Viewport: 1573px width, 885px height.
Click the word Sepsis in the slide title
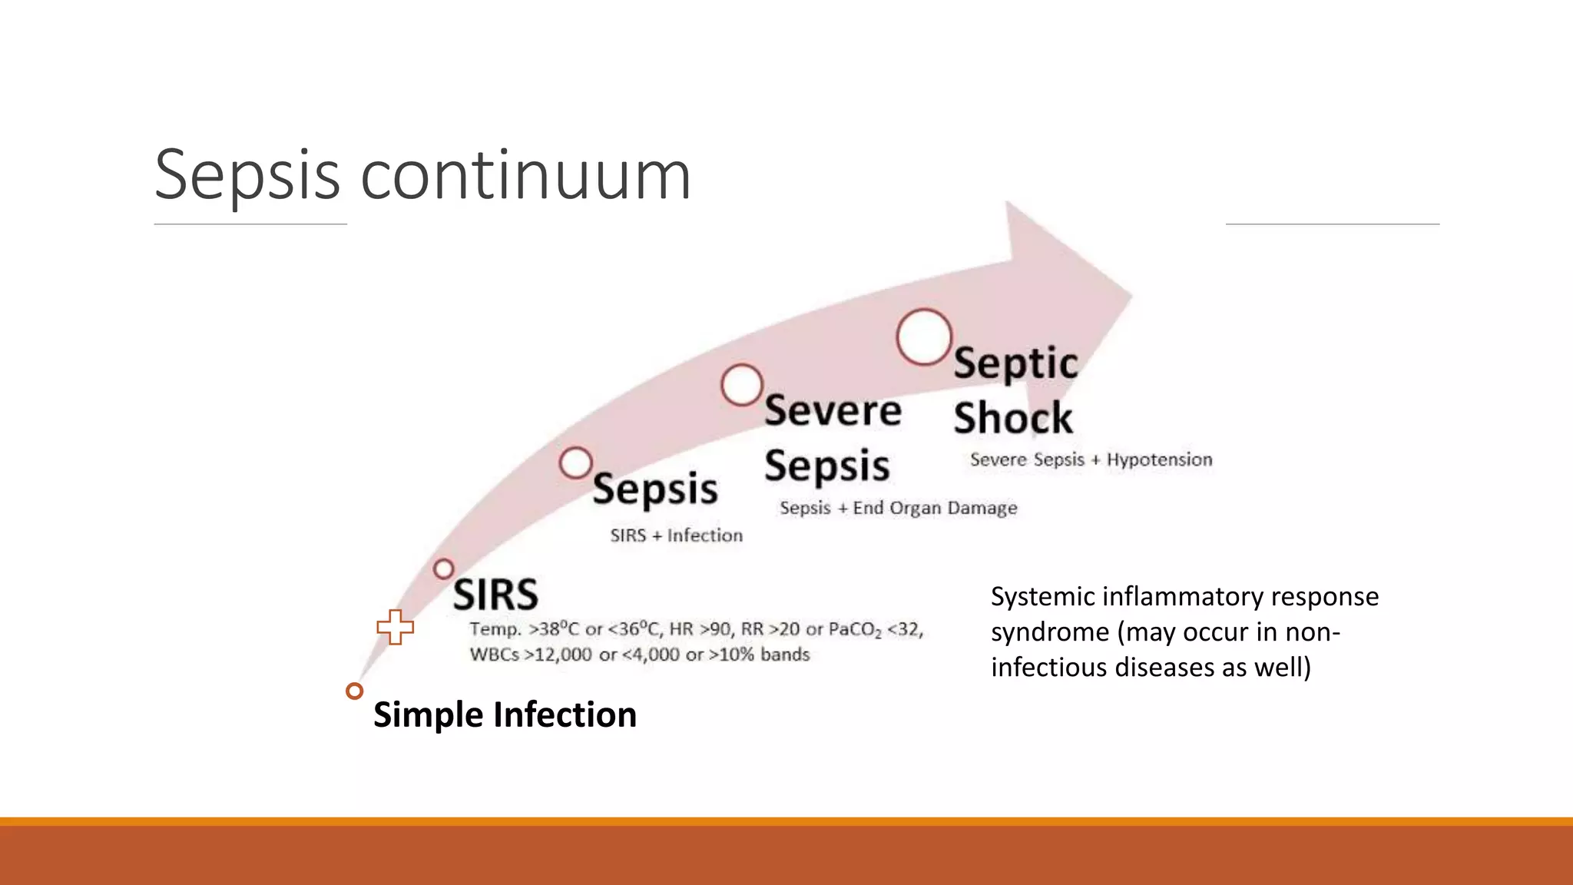click(247, 177)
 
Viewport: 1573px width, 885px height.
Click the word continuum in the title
click(525, 177)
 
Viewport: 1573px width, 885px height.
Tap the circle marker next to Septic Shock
click(924, 336)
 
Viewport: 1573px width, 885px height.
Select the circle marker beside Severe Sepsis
click(742, 385)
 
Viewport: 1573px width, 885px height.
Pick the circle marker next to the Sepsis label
click(575, 463)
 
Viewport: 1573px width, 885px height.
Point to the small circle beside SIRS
click(443, 569)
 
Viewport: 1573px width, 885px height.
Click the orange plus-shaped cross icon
click(396, 627)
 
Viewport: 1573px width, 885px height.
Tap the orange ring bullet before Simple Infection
click(354, 691)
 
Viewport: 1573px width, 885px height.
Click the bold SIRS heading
click(495, 595)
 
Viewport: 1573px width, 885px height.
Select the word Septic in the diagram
click(1015, 363)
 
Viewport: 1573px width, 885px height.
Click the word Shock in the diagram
click(1012, 419)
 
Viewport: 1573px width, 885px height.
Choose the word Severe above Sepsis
click(833, 411)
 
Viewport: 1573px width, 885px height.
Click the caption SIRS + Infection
click(676, 535)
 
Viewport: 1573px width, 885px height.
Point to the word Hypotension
click(1159, 459)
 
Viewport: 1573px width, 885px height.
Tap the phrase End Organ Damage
click(935, 508)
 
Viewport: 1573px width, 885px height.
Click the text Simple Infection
click(505, 714)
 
